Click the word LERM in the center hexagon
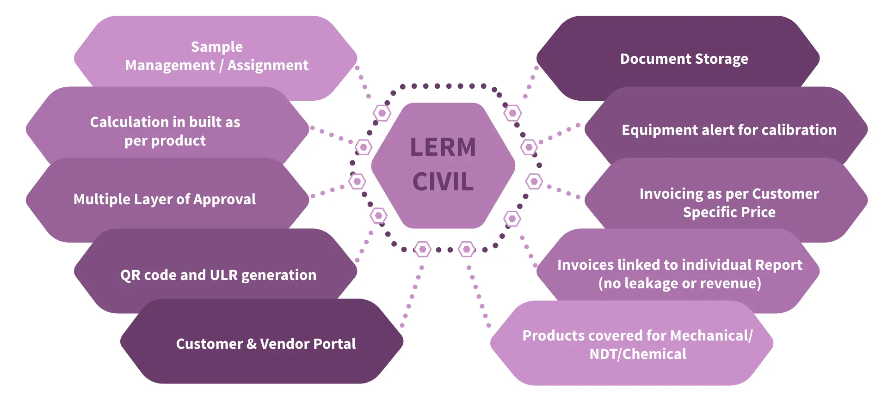point(443,147)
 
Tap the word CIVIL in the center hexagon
point(443,182)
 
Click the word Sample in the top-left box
point(217,47)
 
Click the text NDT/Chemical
point(638,354)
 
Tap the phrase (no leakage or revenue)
point(680,283)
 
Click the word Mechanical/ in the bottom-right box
point(712,335)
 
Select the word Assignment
point(268,66)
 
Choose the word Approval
point(224,200)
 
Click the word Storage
point(721,59)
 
